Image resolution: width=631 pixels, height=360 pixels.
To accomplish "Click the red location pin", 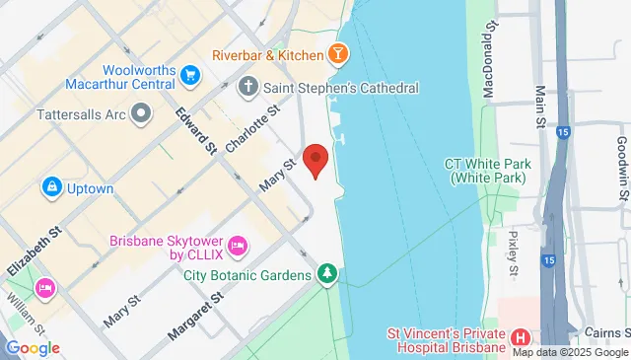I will (x=315, y=160).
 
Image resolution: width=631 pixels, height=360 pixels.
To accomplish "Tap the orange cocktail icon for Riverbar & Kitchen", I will (x=338, y=54).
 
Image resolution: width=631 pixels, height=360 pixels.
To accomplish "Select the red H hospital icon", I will (x=521, y=338).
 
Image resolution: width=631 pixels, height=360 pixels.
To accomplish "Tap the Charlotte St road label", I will (x=246, y=129).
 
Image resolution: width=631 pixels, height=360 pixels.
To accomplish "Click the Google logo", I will (x=33, y=348).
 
